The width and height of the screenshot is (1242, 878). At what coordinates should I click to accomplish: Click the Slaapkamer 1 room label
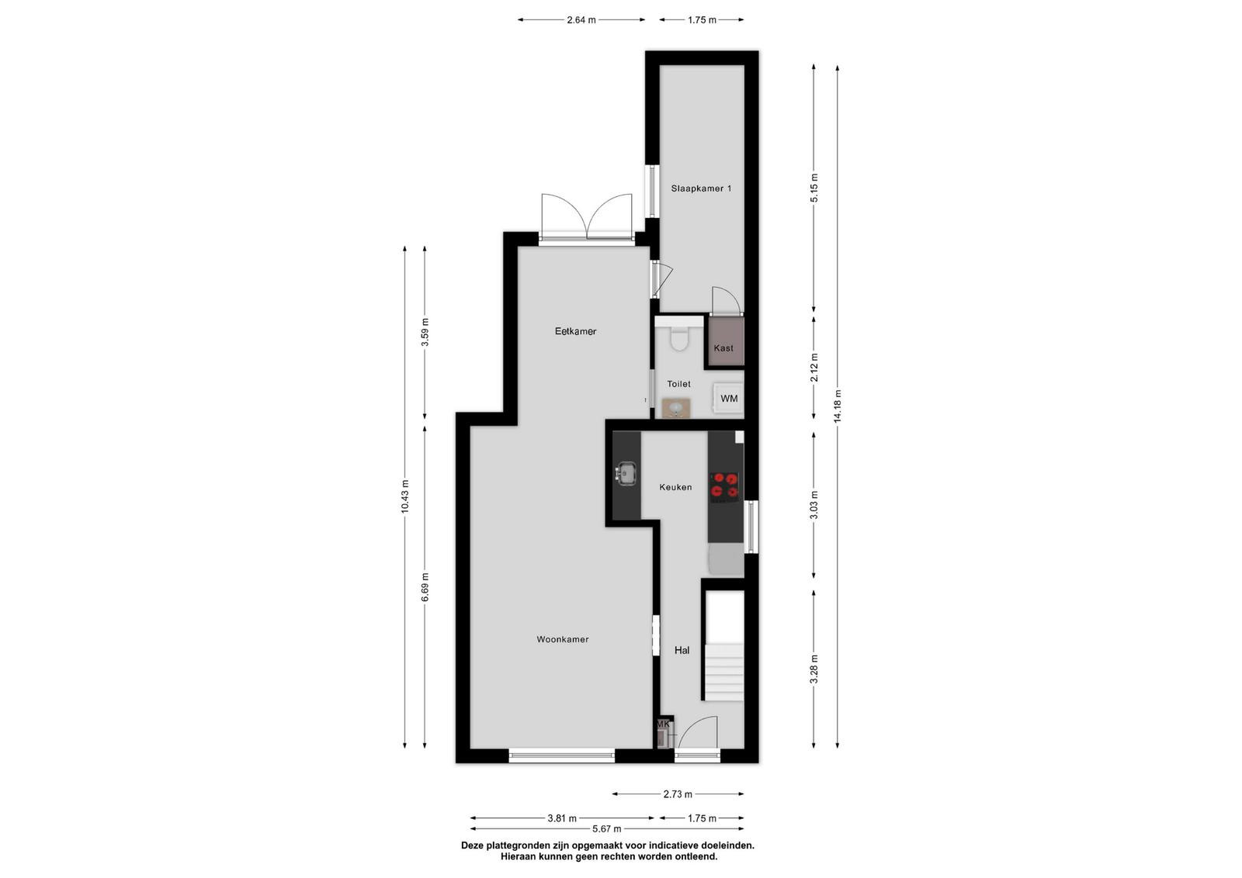click(x=701, y=188)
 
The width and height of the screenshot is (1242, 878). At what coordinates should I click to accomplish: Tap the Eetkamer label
click(x=575, y=331)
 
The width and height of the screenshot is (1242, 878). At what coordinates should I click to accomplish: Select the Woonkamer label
click(x=562, y=639)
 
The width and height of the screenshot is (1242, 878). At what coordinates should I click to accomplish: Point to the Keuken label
click(x=675, y=487)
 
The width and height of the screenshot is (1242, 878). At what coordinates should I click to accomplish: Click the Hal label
click(x=682, y=650)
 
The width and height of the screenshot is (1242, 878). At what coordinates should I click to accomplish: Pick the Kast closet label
click(x=723, y=348)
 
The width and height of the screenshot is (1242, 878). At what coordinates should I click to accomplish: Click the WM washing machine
click(x=728, y=399)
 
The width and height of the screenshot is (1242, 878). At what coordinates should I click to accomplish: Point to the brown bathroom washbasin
click(x=676, y=408)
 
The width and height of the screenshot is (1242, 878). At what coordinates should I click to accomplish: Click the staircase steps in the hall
click(x=723, y=672)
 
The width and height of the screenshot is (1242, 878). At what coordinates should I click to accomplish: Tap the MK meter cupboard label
click(x=663, y=724)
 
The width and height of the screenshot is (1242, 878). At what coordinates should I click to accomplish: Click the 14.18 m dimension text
click(x=838, y=406)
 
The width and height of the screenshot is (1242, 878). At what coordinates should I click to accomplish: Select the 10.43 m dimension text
click(x=404, y=496)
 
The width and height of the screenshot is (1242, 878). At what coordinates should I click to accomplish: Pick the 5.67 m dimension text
click(x=606, y=828)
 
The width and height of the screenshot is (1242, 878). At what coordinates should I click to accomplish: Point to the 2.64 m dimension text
click(x=581, y=20)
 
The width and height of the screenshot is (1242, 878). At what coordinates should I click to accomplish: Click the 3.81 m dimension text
click(x=562, y=818)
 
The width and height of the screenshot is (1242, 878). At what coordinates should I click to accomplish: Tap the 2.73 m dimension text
click(x=678, y=794)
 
